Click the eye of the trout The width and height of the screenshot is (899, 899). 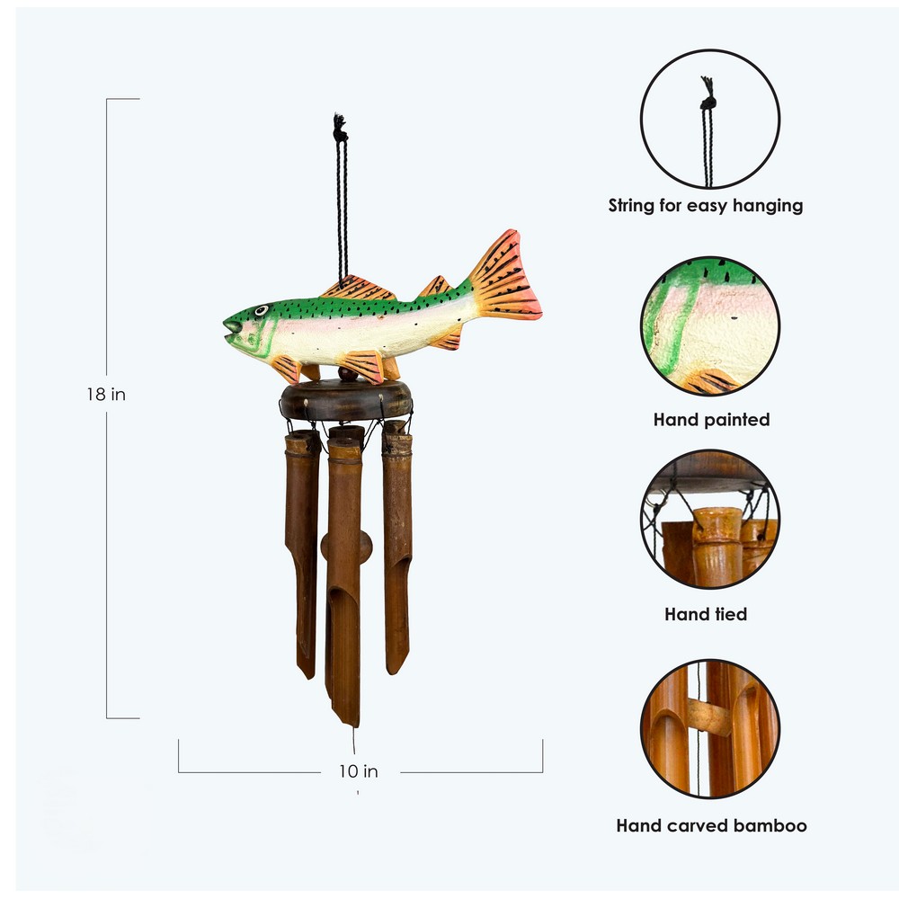click(x=261, y=311)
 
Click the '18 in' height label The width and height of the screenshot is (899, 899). click(x=106, y=395)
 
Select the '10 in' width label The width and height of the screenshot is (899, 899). click(x=359, y=771)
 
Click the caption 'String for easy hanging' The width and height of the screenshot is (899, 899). click(x=706, y=205)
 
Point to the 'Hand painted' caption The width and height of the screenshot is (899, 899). click(x=711, y=420)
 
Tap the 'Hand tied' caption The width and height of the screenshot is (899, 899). click(x=706, y=615)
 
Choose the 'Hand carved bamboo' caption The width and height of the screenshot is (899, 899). click(x=711, y=825)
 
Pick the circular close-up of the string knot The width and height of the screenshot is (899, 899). click(x=710, y=120)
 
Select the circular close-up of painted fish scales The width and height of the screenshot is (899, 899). click(x=710, y=325)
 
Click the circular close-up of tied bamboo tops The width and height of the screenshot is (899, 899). click(x=710, y=520)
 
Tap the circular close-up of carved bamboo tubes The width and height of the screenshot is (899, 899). click(x=710, y=729)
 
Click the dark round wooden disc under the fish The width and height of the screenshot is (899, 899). click(x=346, y=400)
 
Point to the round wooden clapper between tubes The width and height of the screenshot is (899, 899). click(x=346, y=547)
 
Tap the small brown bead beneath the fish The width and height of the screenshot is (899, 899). click(x=347, y=374)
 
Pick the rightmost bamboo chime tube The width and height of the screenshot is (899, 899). click(x=397, y=547)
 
